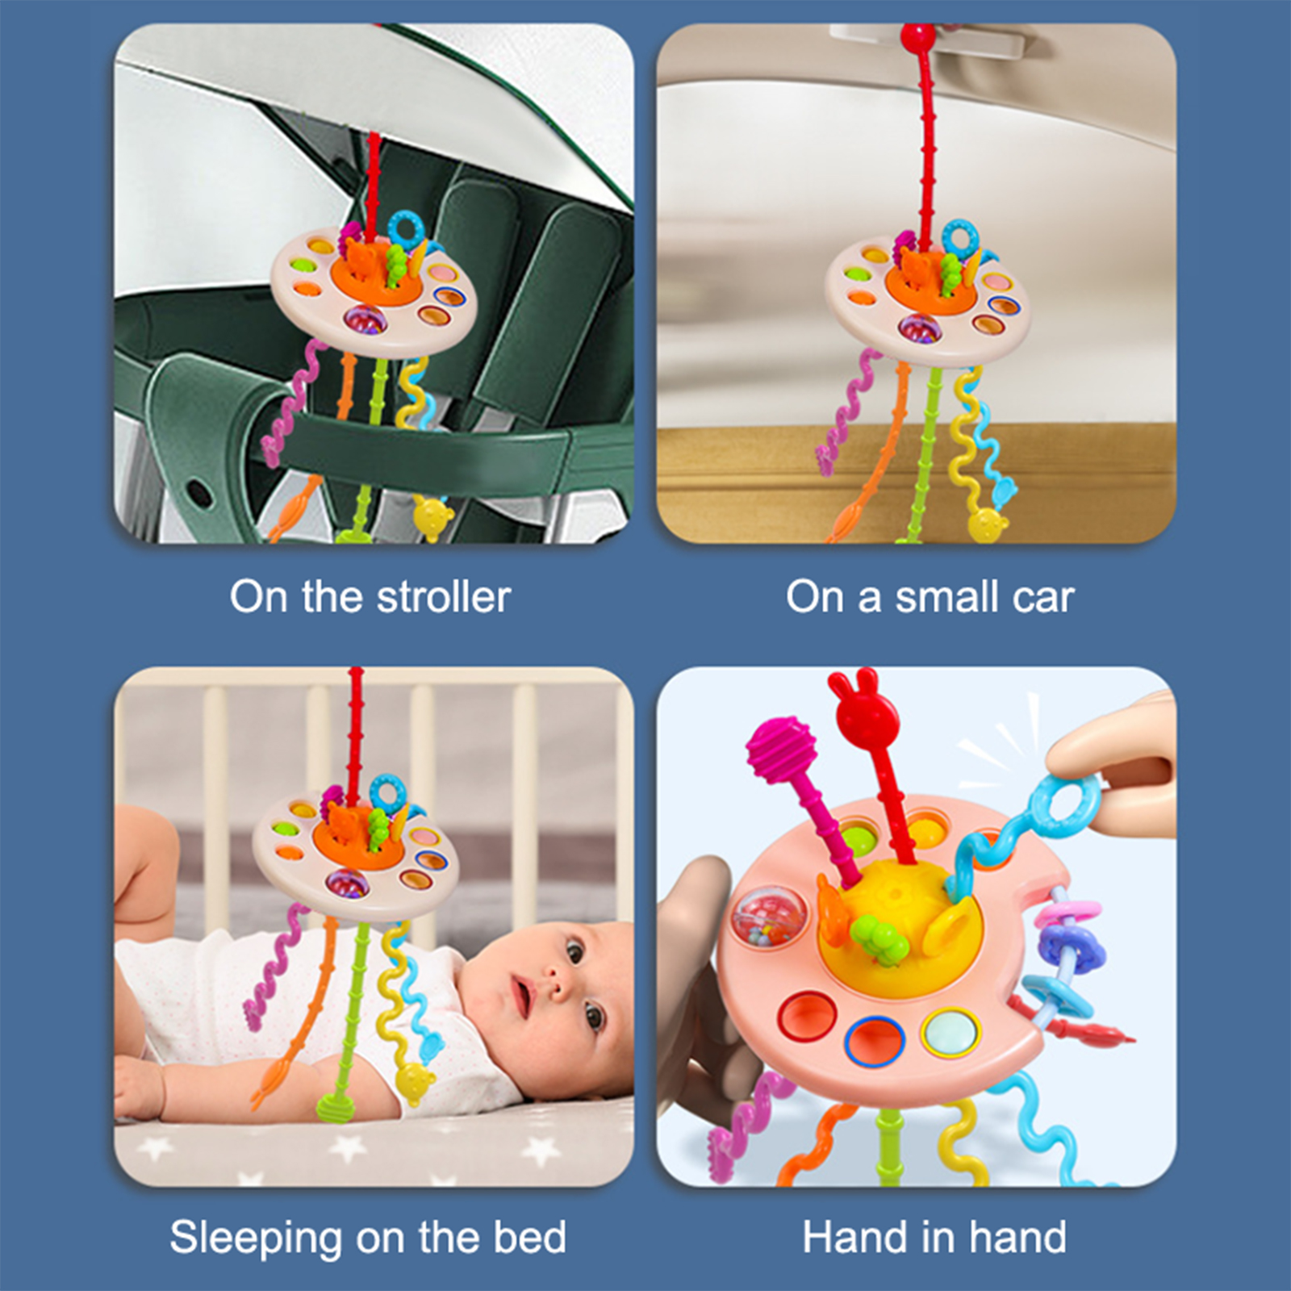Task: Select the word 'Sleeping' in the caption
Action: (256, 1239)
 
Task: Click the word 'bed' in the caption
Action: (529, 1237)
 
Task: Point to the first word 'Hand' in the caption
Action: (854, 1237)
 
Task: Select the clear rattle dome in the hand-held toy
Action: (759, 917)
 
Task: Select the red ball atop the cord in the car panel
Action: (917, 36)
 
